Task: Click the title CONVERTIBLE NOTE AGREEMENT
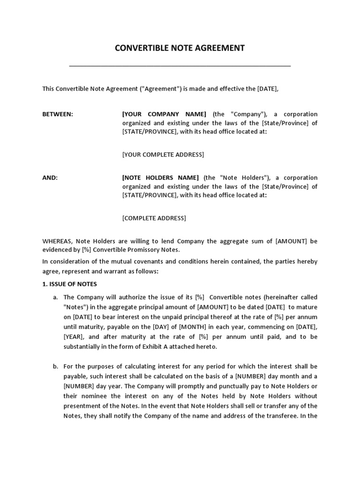tap(180, 48)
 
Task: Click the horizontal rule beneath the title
tap(180, 66)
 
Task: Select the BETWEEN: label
tap(58, 114)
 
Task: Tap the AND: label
tap(50, 178)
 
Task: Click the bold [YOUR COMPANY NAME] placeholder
tap(164, 114)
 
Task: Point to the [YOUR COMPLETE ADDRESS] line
tap(163, 155)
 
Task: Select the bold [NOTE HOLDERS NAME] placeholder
tap(160, 178)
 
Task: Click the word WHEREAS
tap(57, 241)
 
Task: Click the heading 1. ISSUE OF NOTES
tap(69, 284)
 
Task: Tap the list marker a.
tap(55, 297)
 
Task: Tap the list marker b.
tap(55, 366)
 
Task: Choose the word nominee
tap(96, 396)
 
